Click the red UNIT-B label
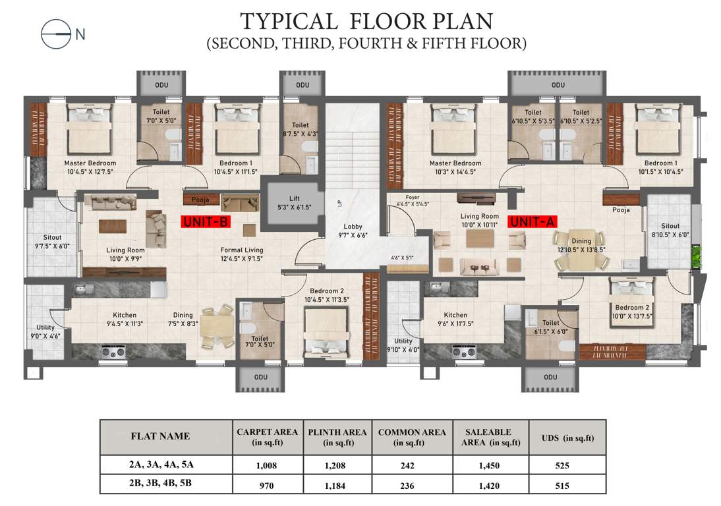coord(205,222)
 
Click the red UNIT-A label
coord(531,222)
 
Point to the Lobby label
coord(353,227)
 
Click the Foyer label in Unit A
coord(413,197)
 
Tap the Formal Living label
coord(241,250)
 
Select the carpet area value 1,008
coord(266,465)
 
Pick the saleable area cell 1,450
coord(490,465)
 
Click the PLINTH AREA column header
coord(337,436)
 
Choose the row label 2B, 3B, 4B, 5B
coord(161,486)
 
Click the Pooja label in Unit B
coord(200,198)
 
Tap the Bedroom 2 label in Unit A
coord(633,308)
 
